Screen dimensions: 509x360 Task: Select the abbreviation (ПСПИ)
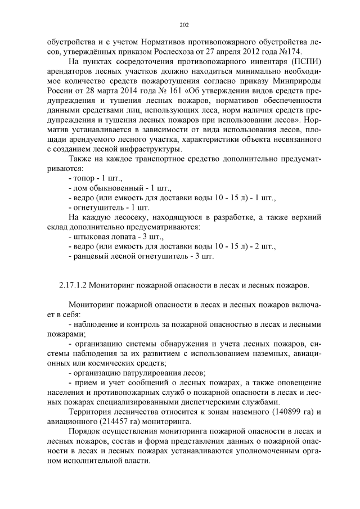[306, 62]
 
